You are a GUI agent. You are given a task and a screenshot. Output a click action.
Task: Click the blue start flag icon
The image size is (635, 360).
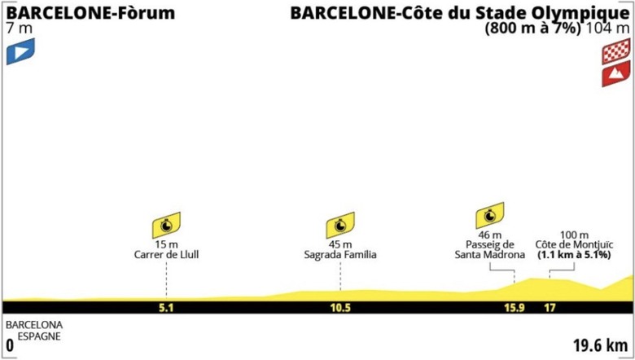point(20,51)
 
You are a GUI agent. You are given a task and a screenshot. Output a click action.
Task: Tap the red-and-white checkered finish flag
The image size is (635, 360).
point(616,51)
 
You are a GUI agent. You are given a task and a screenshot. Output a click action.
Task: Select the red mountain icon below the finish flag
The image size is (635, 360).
point(616,73)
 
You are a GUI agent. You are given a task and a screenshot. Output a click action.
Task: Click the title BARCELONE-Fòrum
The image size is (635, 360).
point(90,13)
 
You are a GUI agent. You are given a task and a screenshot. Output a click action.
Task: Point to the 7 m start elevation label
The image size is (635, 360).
point(20,29)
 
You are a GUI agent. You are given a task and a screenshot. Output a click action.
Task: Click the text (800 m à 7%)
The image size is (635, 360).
point(533,29)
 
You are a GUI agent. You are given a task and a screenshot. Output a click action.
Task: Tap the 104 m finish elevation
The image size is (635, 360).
point(607,29)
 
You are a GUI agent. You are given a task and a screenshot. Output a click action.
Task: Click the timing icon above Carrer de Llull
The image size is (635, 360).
point(166,225)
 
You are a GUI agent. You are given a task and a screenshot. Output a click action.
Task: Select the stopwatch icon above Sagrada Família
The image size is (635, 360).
point(340,225)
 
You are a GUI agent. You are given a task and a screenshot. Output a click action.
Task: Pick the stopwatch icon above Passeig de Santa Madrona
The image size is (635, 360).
point(489,216)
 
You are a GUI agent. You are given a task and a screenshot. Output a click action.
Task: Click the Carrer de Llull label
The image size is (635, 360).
point(166,255)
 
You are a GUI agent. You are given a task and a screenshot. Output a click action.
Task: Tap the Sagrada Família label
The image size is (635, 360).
point(340,255)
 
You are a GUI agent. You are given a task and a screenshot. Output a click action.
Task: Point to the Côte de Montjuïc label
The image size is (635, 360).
point(574,245)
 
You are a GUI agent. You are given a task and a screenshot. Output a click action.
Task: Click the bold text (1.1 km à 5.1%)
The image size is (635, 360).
point(574,256)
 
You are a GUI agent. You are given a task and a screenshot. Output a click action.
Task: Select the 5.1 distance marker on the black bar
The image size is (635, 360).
point(166,308)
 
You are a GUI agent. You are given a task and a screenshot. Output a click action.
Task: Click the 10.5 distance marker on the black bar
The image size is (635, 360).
point(340,308)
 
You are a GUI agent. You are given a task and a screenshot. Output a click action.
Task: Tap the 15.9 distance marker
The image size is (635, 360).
point(515,308)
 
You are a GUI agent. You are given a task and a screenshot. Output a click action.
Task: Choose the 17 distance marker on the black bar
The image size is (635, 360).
point(550,308)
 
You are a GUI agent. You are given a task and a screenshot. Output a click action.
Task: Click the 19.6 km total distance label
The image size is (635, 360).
point(601,346)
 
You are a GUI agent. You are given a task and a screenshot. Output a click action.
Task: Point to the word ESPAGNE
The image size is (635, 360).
point(39,336)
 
